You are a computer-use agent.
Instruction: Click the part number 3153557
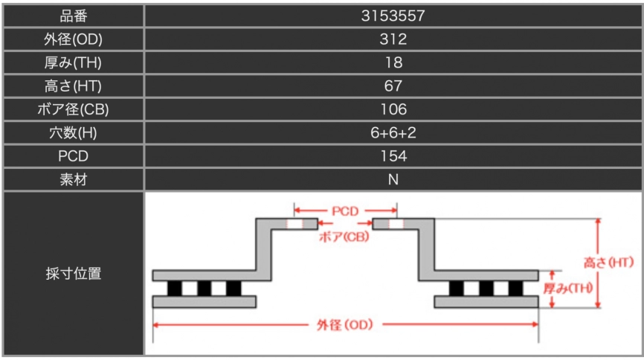coord(393,15)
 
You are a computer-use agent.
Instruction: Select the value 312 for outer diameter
coord(393,39)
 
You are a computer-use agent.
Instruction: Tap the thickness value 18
coord(393,62)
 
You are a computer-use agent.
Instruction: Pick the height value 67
coord(393,86)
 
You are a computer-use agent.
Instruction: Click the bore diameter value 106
coord(393,109)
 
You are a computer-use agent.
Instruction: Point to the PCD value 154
coord(393,156)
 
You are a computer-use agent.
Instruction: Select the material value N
coord(393,179)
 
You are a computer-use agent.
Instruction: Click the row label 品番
coord(74,15)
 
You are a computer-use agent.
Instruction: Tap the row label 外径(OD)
coord(74,39)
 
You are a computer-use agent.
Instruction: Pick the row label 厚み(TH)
coord(74,62)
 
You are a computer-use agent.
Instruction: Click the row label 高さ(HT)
coord(74,86)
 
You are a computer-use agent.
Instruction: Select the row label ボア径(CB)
coord(74,109)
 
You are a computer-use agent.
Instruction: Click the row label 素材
coord(74,179)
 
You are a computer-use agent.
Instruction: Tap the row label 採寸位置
coord(74,273)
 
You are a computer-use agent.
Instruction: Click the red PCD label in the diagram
coord(345,210)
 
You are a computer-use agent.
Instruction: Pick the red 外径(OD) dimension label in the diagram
coord(344,325)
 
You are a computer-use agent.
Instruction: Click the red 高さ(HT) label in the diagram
coord(608,262)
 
